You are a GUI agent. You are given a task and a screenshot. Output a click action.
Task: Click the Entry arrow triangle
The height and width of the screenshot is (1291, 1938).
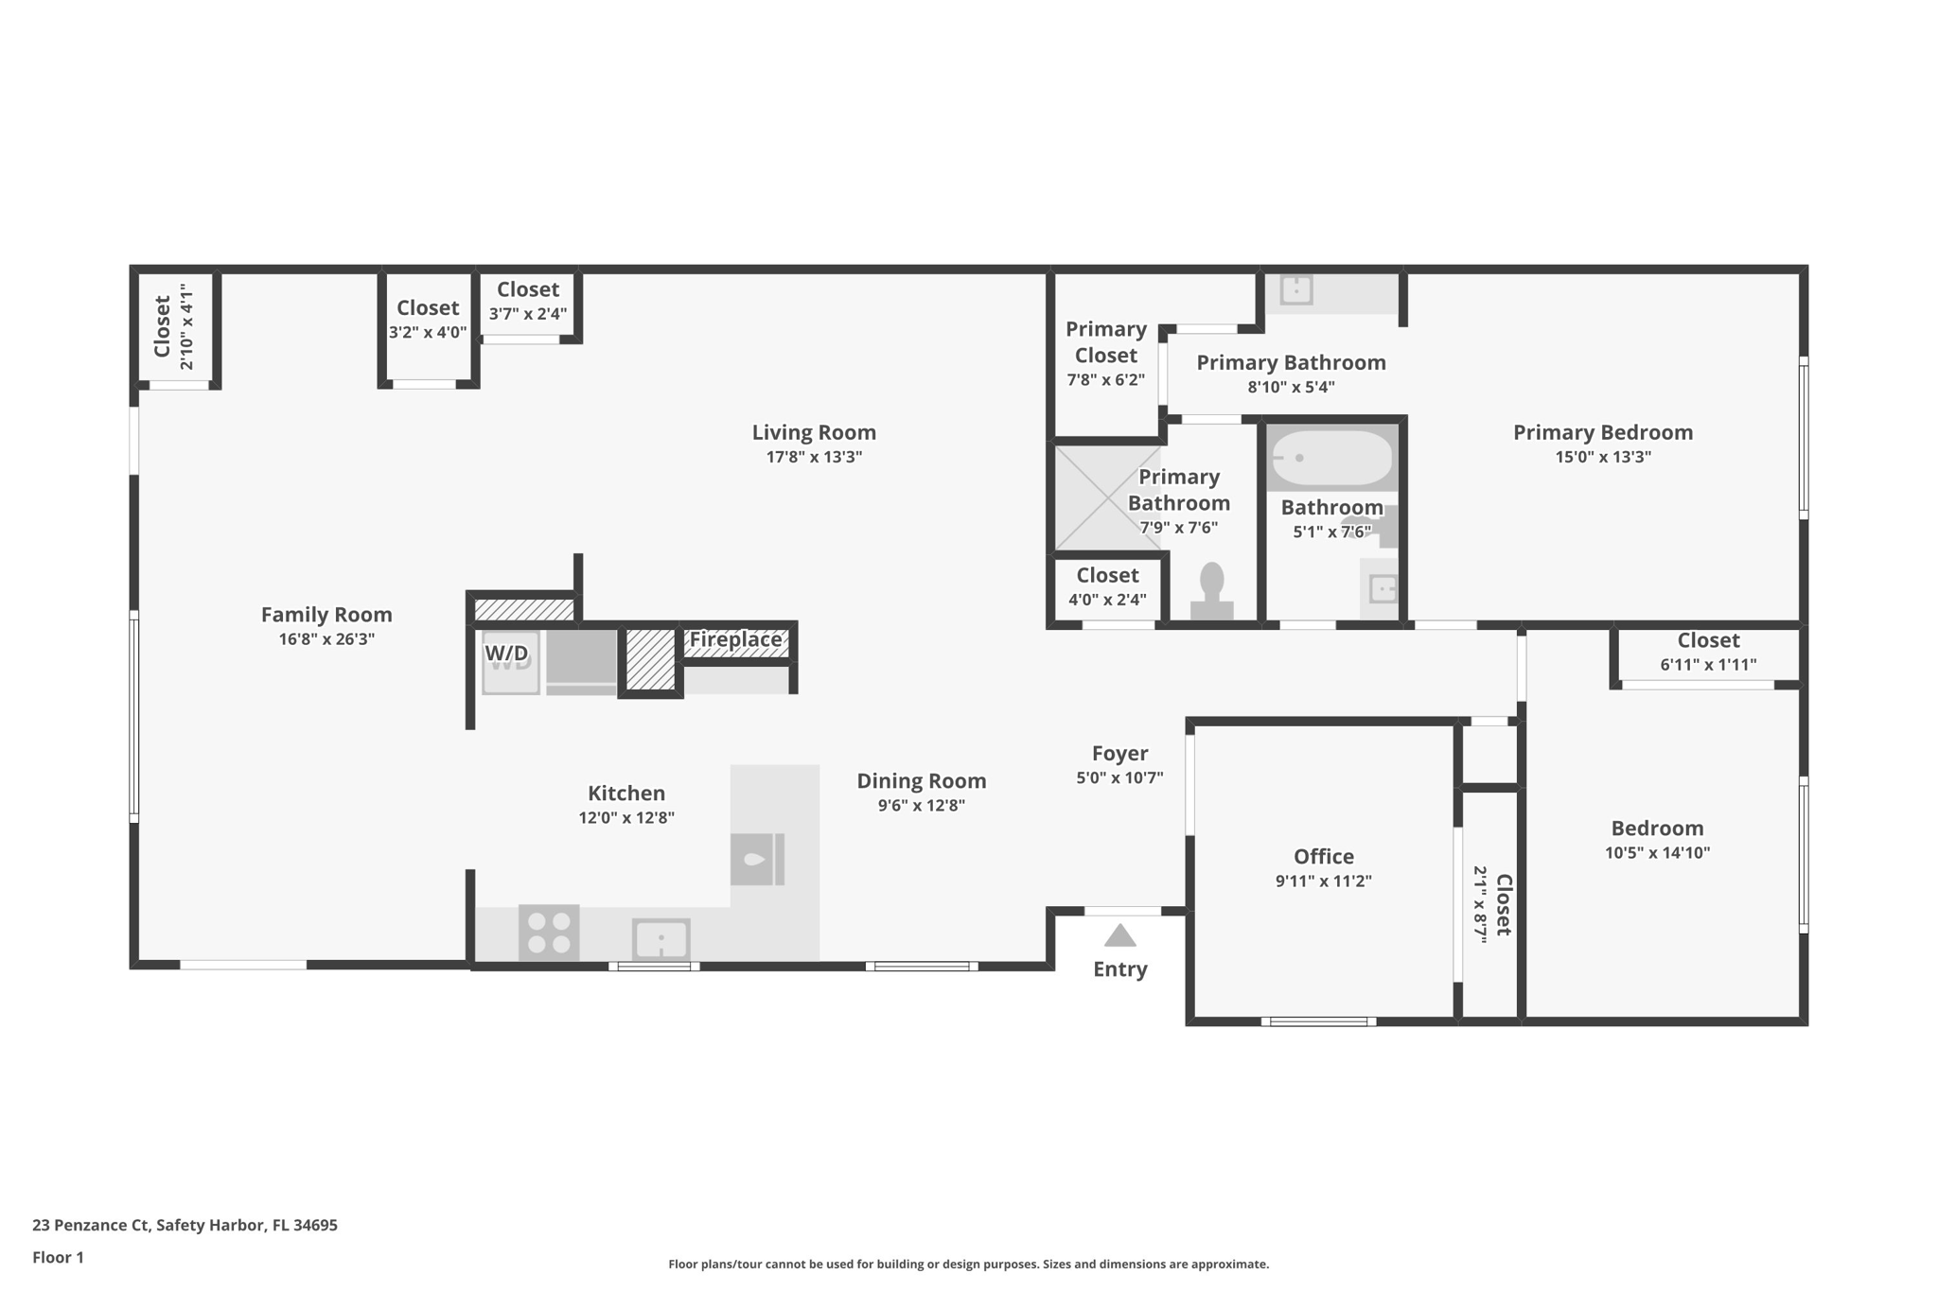1119,935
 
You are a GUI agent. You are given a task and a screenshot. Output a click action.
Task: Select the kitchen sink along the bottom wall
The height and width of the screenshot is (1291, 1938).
661,939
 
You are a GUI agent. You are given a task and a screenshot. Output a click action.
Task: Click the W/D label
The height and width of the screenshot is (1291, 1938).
507,654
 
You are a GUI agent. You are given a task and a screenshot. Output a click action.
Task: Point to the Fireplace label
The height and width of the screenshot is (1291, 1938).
735,639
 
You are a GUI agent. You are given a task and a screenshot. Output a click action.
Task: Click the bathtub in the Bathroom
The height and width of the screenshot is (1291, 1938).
1331,458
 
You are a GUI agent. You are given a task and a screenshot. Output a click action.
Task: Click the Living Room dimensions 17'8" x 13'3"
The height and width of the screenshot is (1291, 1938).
814,457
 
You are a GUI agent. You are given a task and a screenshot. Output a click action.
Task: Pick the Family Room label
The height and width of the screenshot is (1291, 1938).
326,615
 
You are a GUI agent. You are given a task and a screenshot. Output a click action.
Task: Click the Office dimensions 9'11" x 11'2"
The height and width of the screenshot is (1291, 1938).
1323,881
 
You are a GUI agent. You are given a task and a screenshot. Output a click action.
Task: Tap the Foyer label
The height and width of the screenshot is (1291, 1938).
1119,753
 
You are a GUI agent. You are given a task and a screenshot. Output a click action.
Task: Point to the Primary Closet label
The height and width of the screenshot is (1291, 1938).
1105,341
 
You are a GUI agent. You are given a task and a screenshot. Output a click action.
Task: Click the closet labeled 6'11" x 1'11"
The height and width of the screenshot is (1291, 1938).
1708,653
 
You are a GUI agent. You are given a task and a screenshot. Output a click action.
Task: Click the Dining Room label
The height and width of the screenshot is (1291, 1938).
921,780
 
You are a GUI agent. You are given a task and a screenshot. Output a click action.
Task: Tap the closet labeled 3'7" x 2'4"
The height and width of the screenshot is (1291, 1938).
527,301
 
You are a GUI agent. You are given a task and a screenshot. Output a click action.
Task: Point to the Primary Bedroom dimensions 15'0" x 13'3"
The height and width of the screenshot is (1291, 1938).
1602,457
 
